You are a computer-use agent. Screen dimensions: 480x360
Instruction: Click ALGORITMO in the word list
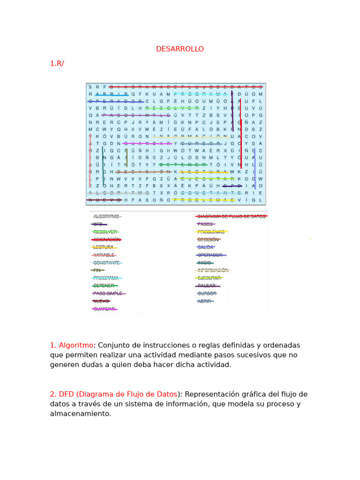point(106,217)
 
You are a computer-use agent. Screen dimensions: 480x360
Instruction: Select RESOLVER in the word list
point(105,232)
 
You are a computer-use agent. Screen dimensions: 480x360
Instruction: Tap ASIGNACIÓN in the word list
point(107,240)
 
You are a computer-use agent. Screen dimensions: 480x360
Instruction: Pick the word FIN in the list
point(97,270)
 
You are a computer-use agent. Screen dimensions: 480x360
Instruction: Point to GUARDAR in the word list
point(104,309)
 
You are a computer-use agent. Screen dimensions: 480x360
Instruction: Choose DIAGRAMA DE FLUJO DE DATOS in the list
point(231,217)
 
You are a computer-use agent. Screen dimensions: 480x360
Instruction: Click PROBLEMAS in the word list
point(211,232)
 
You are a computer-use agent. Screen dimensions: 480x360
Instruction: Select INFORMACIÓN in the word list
point(213,270)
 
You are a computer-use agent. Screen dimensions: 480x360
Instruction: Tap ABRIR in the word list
point(204,301)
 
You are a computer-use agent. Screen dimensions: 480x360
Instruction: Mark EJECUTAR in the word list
point(209,278)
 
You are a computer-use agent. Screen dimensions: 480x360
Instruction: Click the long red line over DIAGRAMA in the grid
point(186,87)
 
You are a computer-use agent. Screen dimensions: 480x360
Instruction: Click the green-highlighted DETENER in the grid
point(183,165)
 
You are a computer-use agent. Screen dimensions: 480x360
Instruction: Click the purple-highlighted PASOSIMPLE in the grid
point(136,115)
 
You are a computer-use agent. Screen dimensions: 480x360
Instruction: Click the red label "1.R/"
point(57,64)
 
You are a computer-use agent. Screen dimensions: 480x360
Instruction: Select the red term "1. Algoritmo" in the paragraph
point(72,345)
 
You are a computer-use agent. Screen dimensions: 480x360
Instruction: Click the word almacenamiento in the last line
point(81,414)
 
